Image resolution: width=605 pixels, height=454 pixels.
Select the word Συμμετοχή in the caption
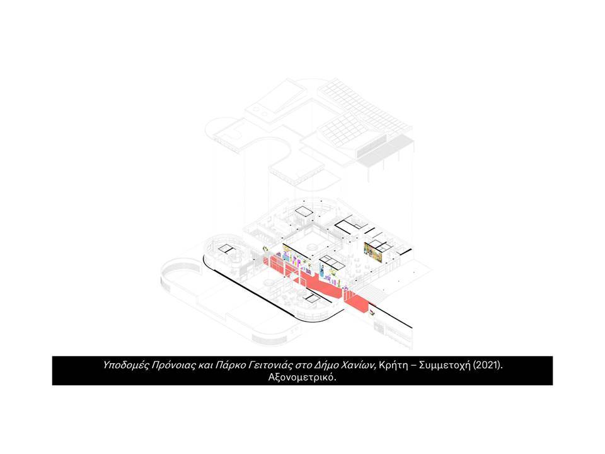coord(445,365)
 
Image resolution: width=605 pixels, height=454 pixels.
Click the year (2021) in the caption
coord(488,365)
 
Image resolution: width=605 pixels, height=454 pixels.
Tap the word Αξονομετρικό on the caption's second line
coord(302,377)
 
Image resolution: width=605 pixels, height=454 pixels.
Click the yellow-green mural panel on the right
coord(373,252)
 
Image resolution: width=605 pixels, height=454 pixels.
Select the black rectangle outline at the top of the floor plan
coord(304,211)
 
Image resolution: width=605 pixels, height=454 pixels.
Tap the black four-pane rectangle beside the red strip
coord(332,262)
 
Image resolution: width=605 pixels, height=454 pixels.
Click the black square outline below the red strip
coord(313,298)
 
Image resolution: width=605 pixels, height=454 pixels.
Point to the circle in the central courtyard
coord(312,247)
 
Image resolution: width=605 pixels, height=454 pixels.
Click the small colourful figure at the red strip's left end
coord(265,249)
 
